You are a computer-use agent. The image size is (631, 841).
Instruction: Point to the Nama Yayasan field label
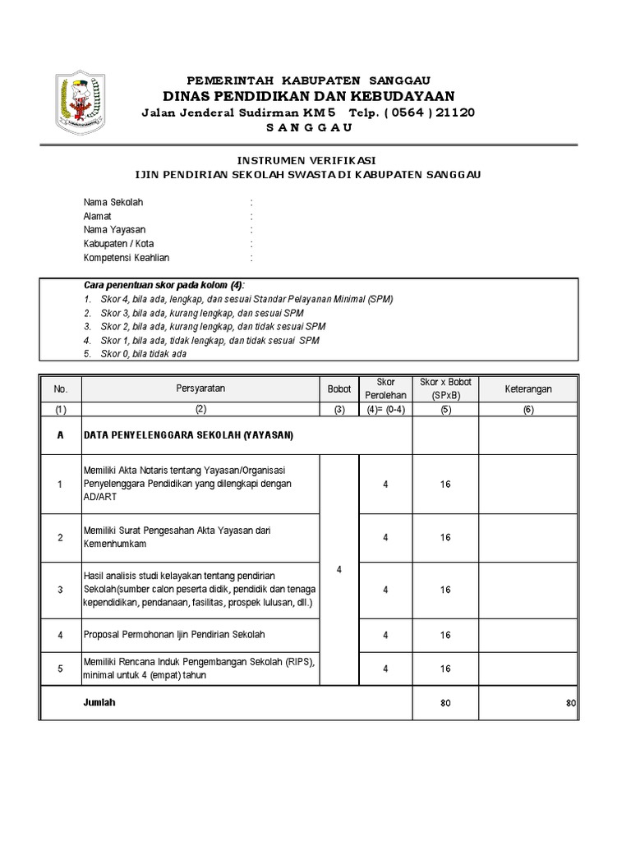(x=114, y=230)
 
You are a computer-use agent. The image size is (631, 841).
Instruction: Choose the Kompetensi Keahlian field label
(x=127, y=258)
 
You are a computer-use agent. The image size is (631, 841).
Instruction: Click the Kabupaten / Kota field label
(x=118, y=244)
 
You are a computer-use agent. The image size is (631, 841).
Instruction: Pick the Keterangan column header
(x=528, y=388)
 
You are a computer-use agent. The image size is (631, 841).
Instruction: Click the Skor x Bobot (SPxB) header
(x=445, y=388)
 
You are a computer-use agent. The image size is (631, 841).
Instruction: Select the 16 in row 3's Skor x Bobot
(x=445, y=590)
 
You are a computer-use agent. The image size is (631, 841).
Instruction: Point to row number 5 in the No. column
(x=60, y=669)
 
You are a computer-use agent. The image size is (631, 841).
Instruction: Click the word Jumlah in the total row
(x=99, y=703)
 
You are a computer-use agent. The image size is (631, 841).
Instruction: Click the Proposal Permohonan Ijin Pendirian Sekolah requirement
(x=174, y=635)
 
